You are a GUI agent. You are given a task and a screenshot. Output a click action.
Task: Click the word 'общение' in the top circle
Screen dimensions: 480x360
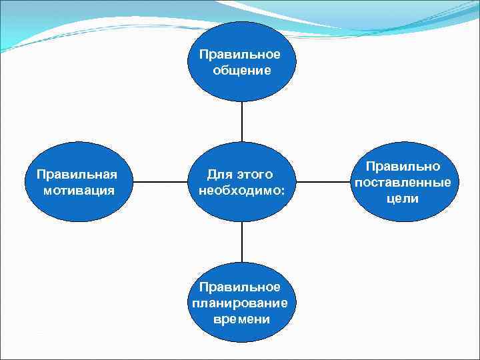pos(242,70)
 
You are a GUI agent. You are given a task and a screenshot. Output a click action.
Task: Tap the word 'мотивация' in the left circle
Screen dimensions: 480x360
pos(77,190)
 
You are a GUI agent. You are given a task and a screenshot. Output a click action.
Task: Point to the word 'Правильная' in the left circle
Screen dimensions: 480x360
pos(77,175)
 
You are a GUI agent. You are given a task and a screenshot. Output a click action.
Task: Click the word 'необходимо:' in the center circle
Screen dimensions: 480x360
pos(241,190)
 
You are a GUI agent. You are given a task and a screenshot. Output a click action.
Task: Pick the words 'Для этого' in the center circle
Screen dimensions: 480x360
pos(240,175)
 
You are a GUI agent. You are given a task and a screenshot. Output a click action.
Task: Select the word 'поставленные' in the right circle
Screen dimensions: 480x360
pos(403,182)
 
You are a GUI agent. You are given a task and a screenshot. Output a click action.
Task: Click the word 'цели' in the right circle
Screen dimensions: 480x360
pos(402,198)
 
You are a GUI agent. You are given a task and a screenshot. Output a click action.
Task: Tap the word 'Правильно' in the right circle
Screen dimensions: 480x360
pos(403,167)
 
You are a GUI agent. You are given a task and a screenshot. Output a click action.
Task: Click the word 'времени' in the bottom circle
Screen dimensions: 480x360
pos(241,319)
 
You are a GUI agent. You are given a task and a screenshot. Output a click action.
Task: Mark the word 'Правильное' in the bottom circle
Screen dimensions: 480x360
pos(241,287)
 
